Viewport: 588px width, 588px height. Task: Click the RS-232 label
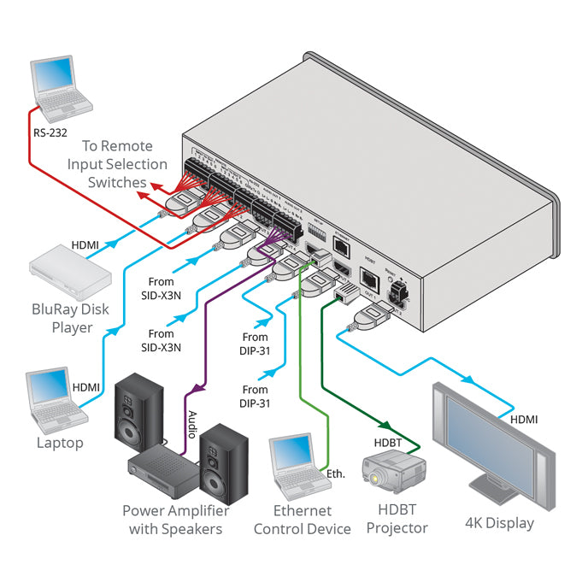51,132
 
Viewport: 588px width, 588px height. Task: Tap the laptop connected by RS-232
61,89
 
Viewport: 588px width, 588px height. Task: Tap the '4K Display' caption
499,523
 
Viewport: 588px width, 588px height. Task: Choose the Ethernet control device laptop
298,465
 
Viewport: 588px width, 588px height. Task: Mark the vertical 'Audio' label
191,425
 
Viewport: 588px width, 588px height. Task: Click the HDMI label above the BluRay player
85,245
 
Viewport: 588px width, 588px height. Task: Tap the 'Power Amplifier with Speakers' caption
175,520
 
